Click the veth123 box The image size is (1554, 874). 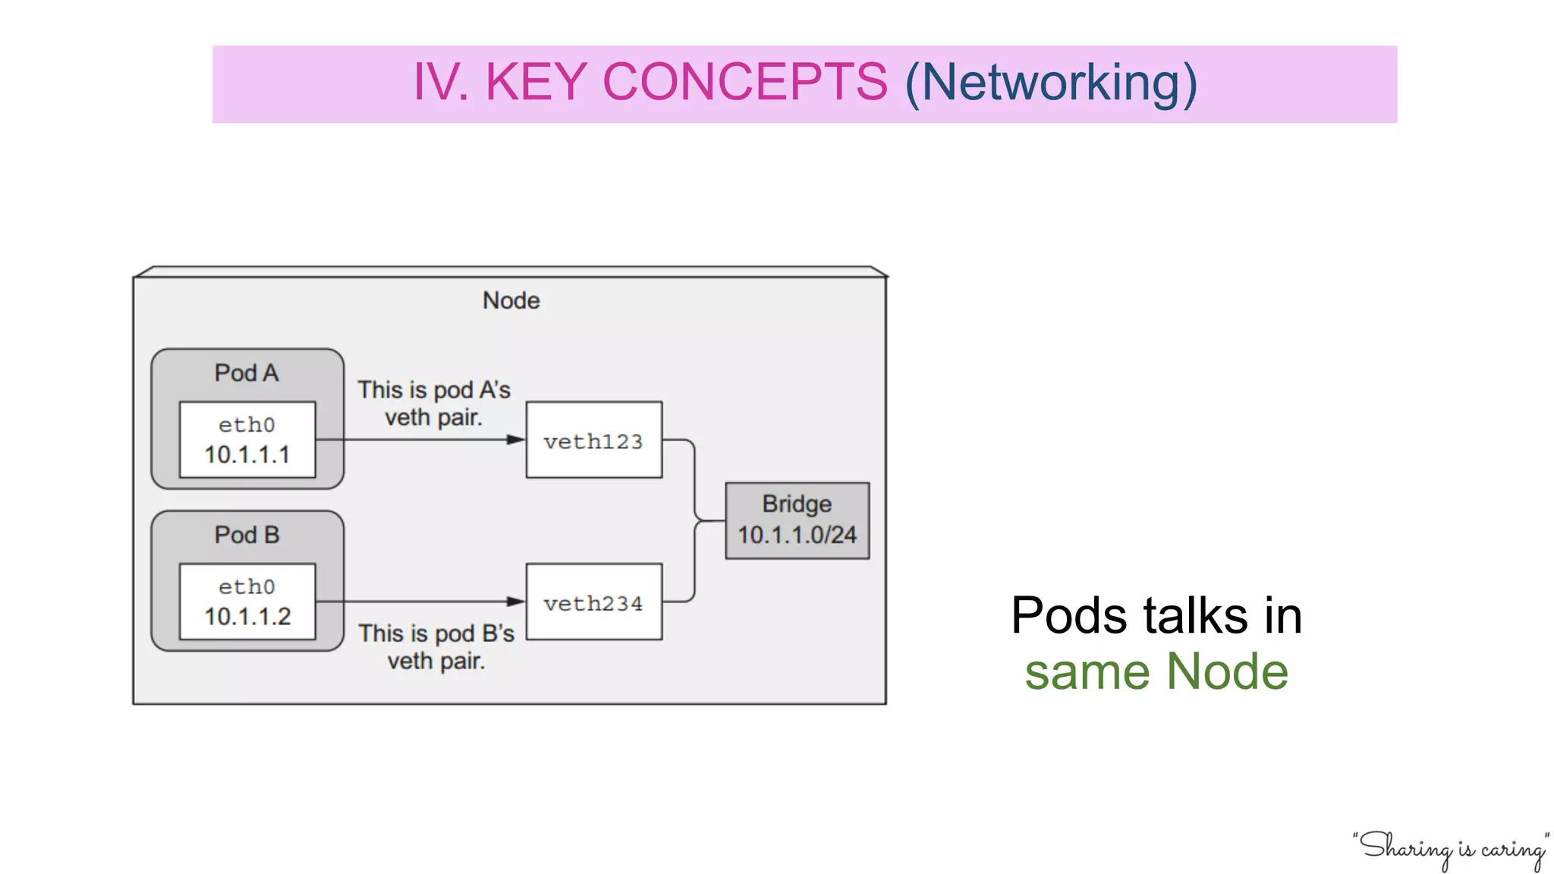[x=593, y=440]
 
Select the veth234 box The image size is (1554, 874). [x=593, y=602]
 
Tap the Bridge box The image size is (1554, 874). [x=797, y=520]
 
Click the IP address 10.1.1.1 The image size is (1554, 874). [x=247, y=455]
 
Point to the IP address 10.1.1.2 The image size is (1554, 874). [x=247, y=617]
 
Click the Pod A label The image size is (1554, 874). [x=247, y=373]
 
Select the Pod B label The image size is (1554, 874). [x=247, y=535]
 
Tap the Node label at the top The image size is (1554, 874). [x=511, y=300]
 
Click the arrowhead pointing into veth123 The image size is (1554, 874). [x=516, y=440]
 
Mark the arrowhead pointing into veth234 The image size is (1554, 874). [x=516, y=602]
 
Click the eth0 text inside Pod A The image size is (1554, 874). [x=247, y=425]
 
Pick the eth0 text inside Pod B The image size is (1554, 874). [x=247, y=586]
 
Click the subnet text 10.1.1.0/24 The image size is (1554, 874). [x=797, y=536]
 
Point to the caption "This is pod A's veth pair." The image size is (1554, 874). [x=434, y=404]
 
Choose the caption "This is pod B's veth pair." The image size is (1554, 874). [x=436, y=647]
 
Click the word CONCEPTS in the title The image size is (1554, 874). [x=744, y=82]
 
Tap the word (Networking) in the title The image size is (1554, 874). [x=1051, y=83]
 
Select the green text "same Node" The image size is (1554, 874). [x=1156, y=672]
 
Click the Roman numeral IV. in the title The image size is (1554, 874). [x=440, y=82]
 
